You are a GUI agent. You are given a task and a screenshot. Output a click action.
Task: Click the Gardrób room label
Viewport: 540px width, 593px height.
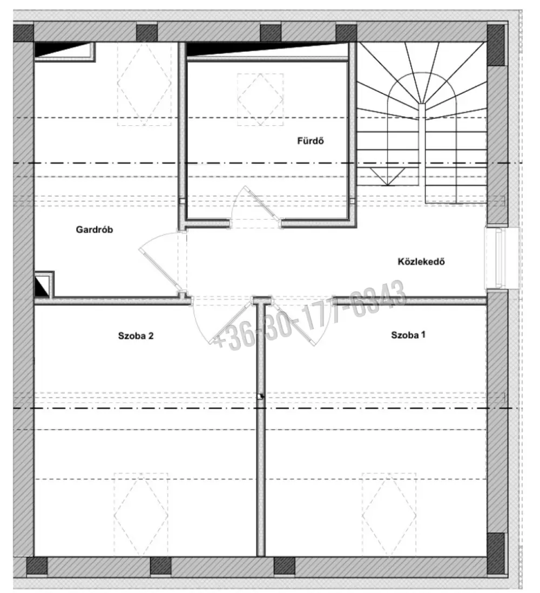(94, 229)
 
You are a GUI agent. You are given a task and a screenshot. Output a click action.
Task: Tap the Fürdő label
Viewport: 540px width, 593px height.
(310, 141)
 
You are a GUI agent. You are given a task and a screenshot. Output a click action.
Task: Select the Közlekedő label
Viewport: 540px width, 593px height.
(421, 261)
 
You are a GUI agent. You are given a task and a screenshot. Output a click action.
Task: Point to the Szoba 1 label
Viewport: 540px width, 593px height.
(408, 335)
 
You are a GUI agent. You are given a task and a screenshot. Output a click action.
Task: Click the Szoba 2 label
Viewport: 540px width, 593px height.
(136, 336)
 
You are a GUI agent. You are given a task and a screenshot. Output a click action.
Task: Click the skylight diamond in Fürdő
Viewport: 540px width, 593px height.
(260, 99)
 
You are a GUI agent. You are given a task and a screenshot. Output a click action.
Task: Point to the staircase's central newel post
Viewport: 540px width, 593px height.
(422, 144)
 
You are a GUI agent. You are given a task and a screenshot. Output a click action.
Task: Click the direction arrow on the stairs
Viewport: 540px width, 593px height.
(388, 176)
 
